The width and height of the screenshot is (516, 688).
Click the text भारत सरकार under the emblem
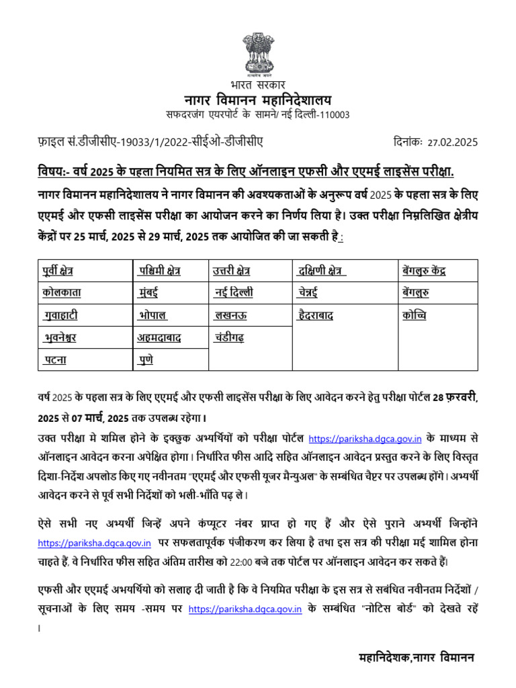(x=258, y=85)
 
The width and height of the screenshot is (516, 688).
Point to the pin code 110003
(x=333, y=114)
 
